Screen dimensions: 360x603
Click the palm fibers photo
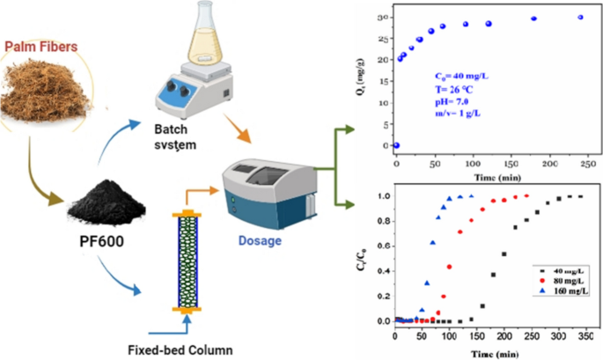point(44,92)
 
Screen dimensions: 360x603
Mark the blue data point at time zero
point(396,145)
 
